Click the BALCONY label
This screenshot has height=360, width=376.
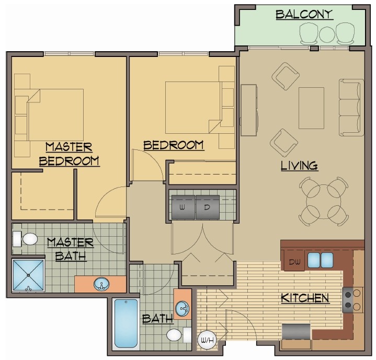304,15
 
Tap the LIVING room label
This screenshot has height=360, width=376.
299,166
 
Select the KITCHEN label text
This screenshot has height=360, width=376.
305,298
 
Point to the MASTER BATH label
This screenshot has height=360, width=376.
70,249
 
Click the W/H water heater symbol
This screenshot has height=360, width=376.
204,340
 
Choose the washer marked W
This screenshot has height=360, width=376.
183,207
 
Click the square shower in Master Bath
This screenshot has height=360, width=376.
29,275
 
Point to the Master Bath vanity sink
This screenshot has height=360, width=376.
101,285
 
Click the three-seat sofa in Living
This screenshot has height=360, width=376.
351,107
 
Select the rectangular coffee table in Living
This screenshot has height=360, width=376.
311,108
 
